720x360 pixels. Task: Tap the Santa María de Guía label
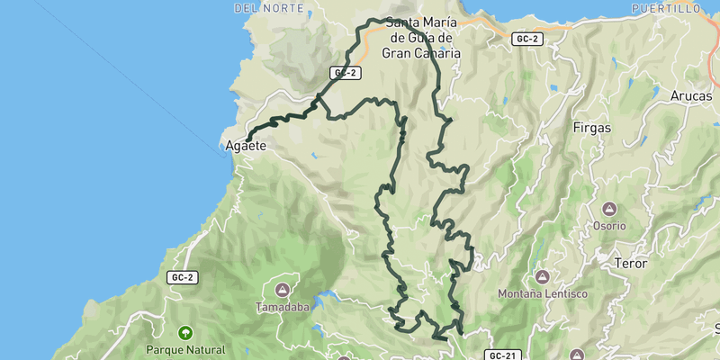(421, 38)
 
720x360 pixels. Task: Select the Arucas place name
(691, 95)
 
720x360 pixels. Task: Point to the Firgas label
(591, 128)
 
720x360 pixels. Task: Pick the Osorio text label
(608, 226)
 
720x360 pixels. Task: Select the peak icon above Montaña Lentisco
(542, 275)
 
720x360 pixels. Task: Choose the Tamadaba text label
(282, 307)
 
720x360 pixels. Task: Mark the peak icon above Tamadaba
(282, 289)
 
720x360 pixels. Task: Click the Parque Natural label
(186, 349)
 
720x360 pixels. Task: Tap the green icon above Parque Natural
(186, 331)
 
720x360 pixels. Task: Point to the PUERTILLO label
(665, 7)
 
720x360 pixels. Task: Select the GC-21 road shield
(505, 355)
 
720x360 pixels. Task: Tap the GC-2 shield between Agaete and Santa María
(344, 73)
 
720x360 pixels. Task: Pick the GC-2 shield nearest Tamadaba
(182, 277)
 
